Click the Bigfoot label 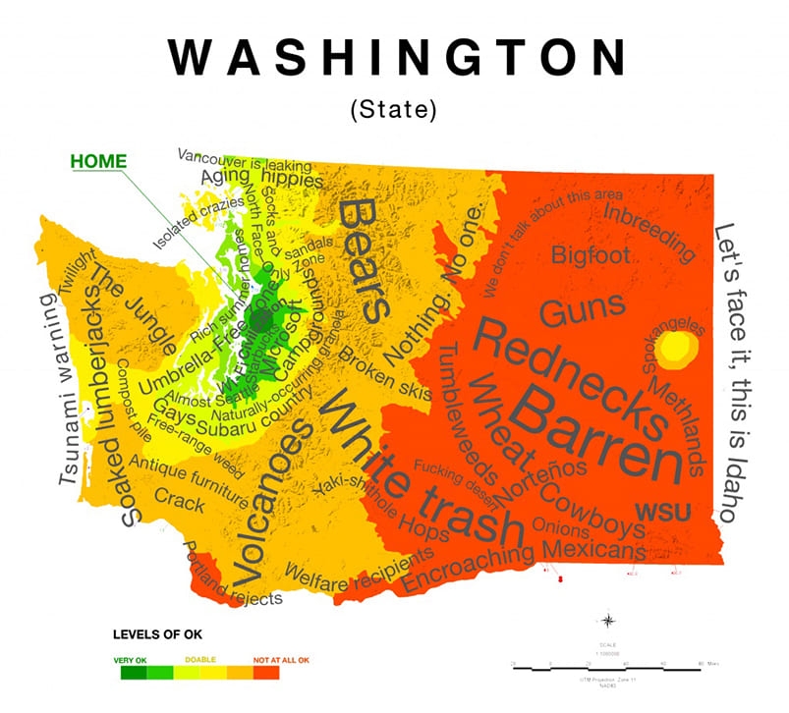coord(591,255)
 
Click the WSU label coord(662,511)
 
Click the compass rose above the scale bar coord(608,620)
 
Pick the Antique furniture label coord(188,473)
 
